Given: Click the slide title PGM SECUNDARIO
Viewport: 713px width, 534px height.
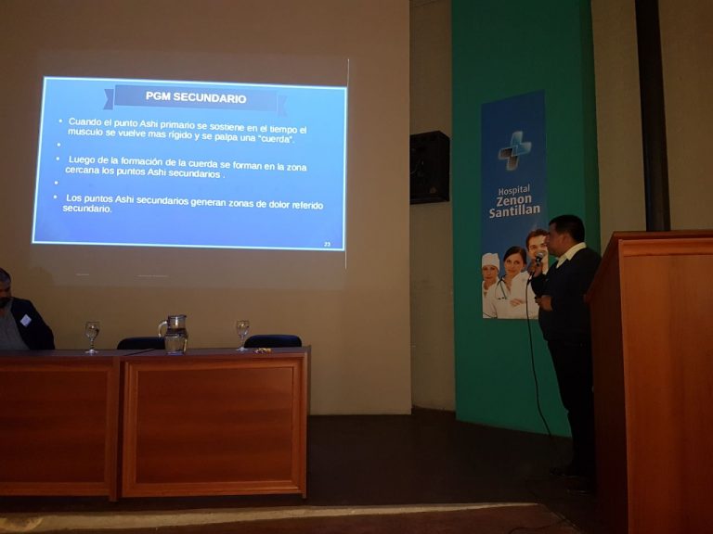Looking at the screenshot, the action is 196,97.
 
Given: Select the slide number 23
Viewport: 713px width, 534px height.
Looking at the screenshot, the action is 327,245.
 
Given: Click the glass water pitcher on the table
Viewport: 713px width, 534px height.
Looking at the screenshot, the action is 174,334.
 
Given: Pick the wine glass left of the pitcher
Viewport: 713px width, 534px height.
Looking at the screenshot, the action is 92,337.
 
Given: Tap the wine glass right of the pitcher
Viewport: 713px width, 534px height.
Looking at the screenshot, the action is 242,335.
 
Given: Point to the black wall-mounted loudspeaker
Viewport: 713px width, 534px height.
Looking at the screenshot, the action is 429,168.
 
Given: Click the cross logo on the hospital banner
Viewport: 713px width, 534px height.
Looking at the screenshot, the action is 514,150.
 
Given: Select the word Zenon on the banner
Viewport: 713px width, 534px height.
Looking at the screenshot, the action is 513,200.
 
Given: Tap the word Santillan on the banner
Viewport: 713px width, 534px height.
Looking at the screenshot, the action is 514,210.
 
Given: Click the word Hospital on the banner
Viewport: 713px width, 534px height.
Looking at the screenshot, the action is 513,189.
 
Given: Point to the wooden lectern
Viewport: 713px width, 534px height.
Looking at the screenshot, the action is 651,377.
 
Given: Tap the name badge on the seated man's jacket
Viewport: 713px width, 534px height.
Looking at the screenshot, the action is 25,320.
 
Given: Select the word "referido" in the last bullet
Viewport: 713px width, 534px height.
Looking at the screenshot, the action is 307,205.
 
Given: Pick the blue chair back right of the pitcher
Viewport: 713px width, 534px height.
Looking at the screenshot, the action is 273,341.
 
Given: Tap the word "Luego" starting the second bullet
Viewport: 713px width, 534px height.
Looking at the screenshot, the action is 82,159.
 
